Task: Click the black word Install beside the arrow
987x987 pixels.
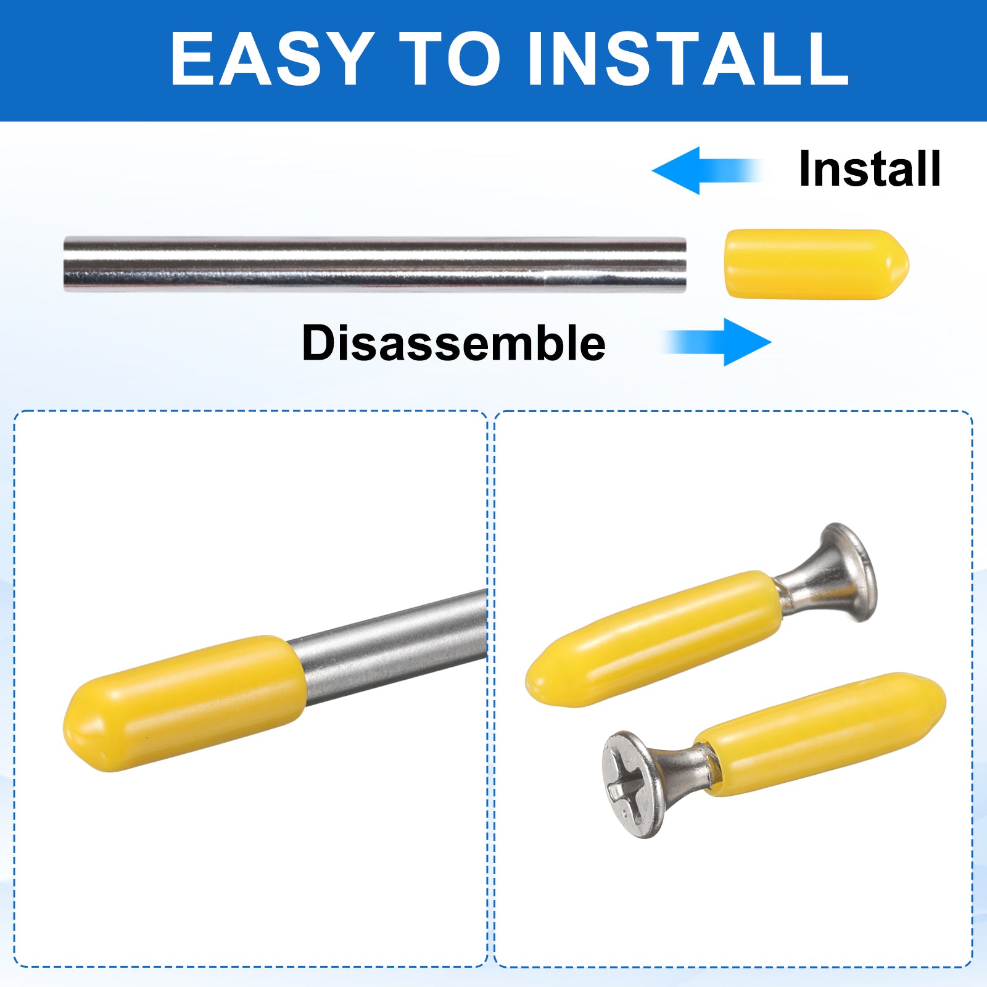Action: coord(870,168)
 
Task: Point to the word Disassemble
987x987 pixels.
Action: coord(453,343)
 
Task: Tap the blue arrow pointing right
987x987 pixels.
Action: coord(717,342)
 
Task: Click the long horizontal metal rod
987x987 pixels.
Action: coord(375,264)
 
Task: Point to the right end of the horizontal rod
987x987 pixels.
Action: coord(686,264)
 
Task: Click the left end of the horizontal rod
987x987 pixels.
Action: coord(65,264)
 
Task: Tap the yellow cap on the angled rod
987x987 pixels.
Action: coord(184,703)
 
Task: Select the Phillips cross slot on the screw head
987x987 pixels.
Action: coord(627,783)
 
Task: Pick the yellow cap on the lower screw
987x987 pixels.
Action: coord(821,734)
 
